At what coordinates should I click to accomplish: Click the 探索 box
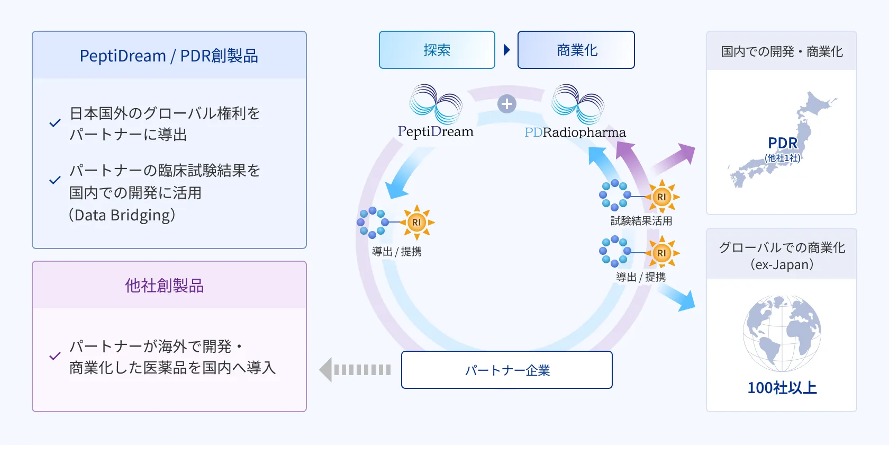[x=437, y=50]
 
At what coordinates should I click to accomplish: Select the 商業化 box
[x=576, y=50]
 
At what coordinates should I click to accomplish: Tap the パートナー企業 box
[x=506, y=370]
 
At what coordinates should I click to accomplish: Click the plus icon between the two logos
[x=506, y=104]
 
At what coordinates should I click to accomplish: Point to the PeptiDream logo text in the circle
[x=436, y=131]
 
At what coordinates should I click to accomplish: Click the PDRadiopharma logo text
[x=575, y=132]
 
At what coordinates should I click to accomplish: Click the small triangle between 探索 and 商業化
[x=506, y=50]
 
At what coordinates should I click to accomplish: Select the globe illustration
[x=782, y=333]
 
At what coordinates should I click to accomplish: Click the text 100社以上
[x=782, y=388]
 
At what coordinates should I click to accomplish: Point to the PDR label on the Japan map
[x=782, y=143]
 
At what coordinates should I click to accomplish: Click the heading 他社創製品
[x=165, y=286]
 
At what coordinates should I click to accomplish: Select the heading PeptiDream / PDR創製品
[x=169, y=56]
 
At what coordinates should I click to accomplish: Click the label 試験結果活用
[x=641, y=221]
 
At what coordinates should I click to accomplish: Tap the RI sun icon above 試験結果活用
[x=661, y=197]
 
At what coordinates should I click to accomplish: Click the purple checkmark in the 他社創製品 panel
[x=55, y=356]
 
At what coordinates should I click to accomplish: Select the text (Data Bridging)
[x=122, y=215]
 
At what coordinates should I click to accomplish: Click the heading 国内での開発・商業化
[x=782, y=51]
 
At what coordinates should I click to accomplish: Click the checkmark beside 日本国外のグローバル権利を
[x=55, y=123]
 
